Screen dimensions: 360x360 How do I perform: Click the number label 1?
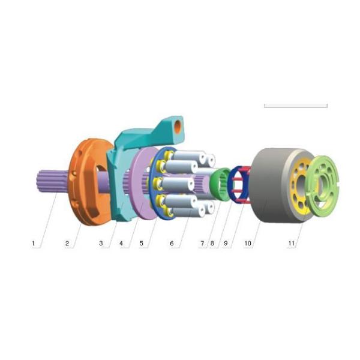pos(34,244)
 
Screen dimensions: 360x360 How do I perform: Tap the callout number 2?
pos(67,244)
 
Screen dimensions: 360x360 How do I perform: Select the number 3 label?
pos(101,244)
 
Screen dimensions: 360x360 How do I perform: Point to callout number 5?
pos(141,244)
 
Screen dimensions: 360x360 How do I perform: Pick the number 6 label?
pos(172,244)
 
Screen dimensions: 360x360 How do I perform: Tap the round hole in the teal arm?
pos(179,127)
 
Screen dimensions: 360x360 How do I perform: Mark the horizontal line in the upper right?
pos(295,106)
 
